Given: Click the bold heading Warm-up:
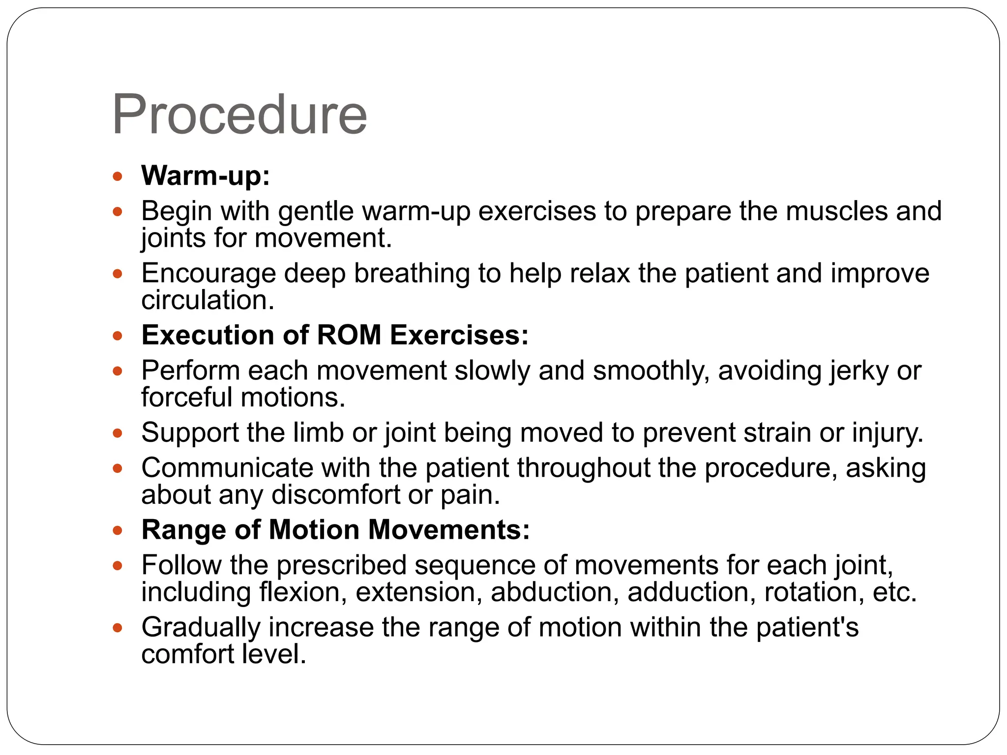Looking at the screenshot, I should pyautogui.click(x=206, y=175).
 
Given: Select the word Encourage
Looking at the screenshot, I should pyautogui.click(x=208, y=273).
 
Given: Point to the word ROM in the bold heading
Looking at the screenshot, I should pyautogui.click(x=349, y=335).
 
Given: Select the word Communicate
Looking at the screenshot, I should pyautogui.click(x=227, y=468).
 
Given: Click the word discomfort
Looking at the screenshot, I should pyautogui.click(x=335, y=495).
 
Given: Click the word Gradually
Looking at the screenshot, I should pyautogui.click(x=201, y=628).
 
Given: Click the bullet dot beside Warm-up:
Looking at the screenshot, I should pyautogui.click(x=117, y=176).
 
